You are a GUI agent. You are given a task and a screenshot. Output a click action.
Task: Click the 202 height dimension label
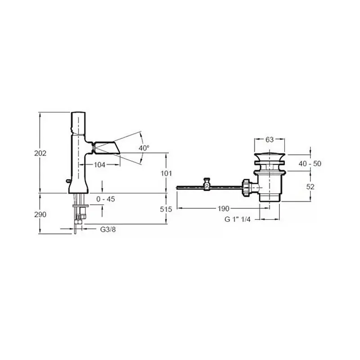(40, 153)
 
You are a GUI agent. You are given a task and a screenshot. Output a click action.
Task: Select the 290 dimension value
(40, 215)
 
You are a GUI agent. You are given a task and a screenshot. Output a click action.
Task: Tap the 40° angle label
(144, 148)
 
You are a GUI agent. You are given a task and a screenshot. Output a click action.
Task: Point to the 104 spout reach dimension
(99, 165)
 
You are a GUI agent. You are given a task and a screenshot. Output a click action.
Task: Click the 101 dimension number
(166, 173)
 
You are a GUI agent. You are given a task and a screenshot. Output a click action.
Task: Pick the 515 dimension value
(166, 209)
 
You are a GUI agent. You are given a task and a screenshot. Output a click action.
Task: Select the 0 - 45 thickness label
(106, 199)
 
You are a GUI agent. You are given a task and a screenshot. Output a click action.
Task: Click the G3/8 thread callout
(108, 229)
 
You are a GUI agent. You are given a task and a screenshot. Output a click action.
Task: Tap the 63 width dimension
(270, 139)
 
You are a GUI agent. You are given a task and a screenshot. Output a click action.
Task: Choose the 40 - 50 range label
(310, 163)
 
